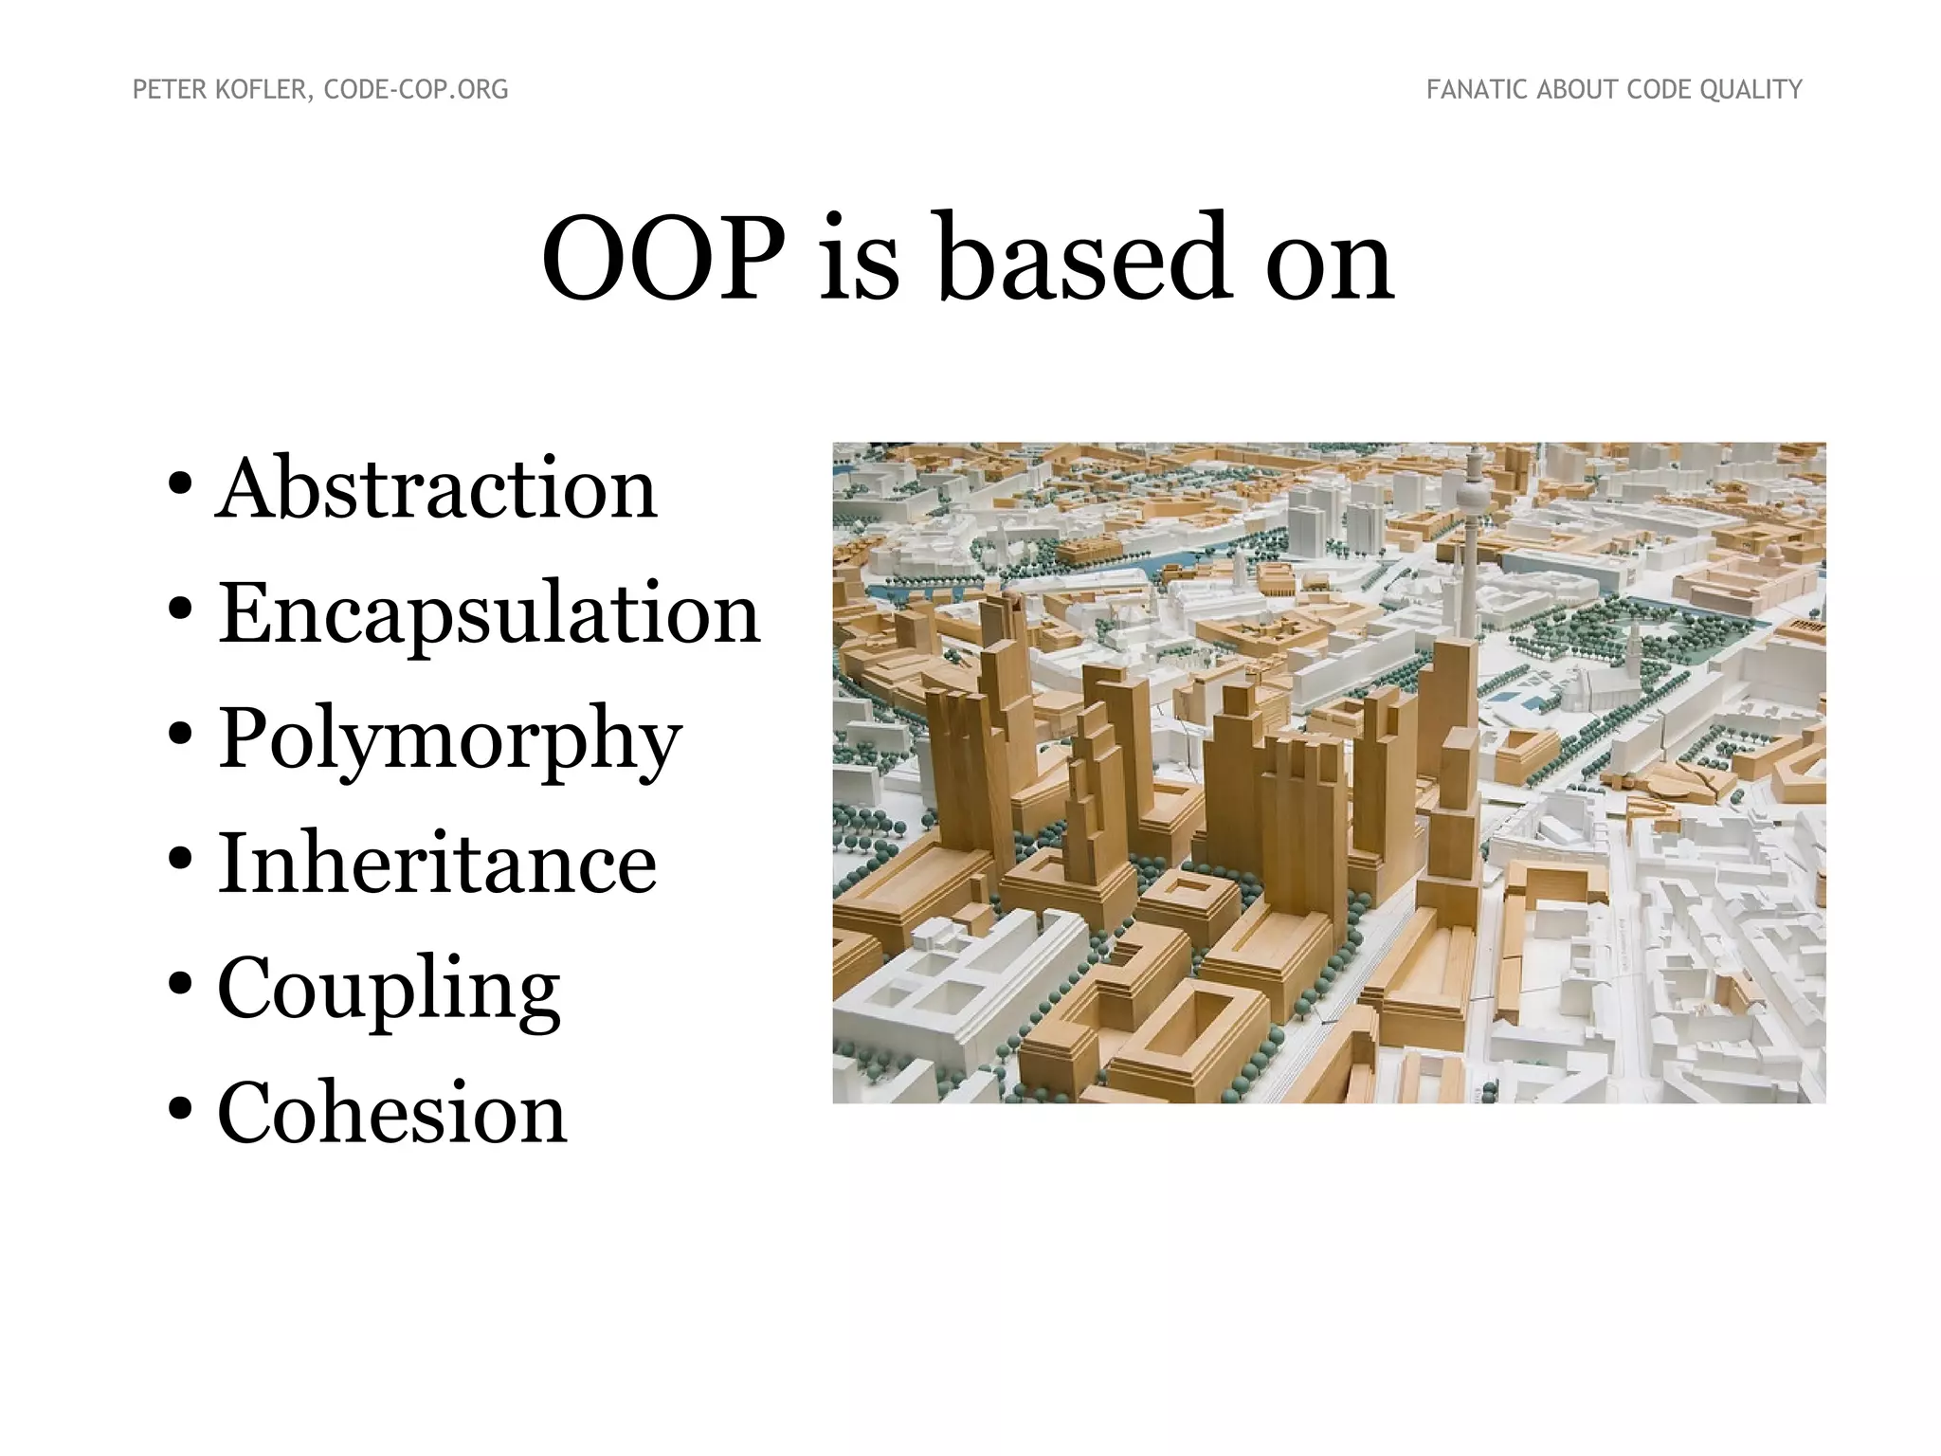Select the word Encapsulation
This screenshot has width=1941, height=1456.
489,613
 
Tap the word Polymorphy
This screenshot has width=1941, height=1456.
450,738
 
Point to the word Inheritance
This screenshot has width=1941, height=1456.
437,864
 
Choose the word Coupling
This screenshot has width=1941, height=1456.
389,989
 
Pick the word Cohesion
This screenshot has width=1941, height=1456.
391,1113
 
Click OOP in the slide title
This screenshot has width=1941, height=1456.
663,258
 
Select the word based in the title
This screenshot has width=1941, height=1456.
1085,258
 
